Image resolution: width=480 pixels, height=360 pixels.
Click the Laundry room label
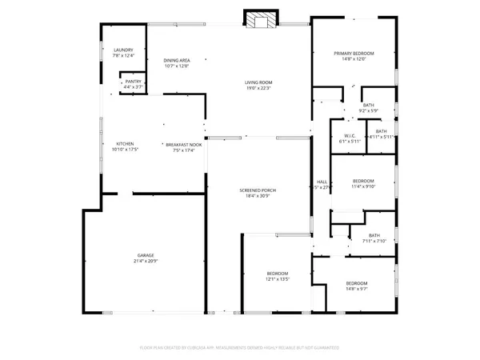pos(122,50)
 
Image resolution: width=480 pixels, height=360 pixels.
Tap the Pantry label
pos(133,81)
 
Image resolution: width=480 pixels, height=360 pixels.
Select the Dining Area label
pos(176,61)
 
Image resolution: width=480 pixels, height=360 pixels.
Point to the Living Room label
pos(259,82)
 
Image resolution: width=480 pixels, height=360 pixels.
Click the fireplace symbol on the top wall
pos(258,21)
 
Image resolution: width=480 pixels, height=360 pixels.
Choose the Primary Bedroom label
pos(354,54)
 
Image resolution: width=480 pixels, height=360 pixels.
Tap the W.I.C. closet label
pos(350,135)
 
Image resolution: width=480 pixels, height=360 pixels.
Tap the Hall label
pos(322,182)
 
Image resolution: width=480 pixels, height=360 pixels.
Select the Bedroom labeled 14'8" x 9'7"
pos(356,284)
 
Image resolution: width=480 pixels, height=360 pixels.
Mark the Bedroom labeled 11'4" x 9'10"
pos(362,182)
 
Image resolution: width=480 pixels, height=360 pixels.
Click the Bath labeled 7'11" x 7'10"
pos(374,235)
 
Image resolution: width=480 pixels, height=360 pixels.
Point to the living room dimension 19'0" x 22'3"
pos(259,88)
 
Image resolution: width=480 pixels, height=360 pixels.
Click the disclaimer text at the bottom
pos(240,348)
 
